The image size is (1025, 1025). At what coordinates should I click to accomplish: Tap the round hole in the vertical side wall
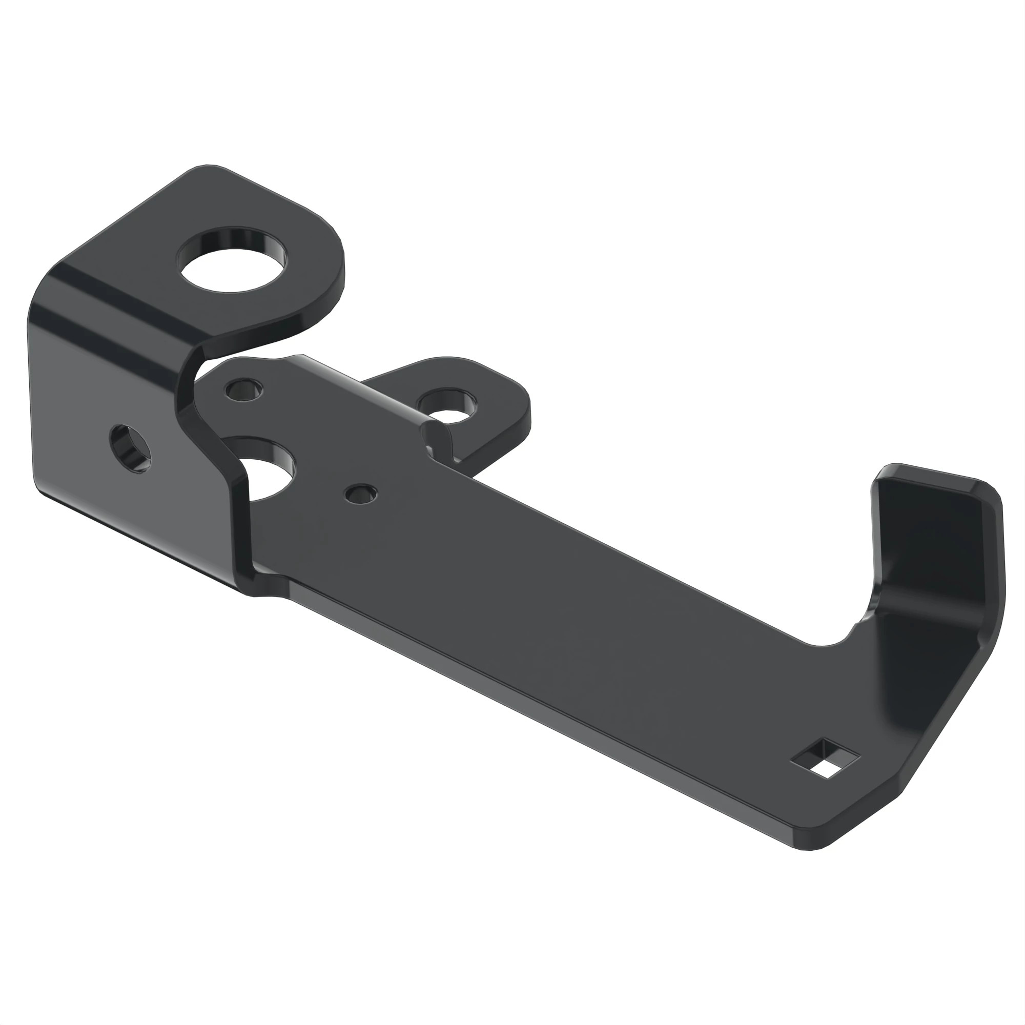[x=131, y=449]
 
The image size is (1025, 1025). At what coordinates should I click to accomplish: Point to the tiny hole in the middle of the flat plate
[x=360, y=495]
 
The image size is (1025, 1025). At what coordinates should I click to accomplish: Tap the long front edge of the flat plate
[x=530, y=706]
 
